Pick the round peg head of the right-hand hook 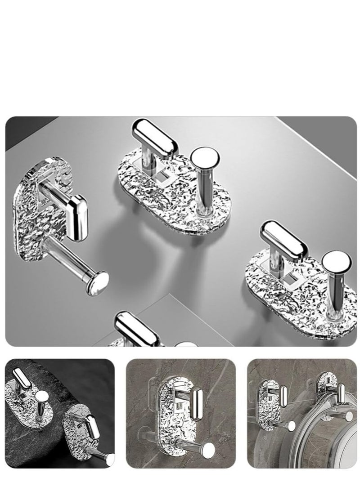pos(336,262)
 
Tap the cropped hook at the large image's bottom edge pos(135,330)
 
